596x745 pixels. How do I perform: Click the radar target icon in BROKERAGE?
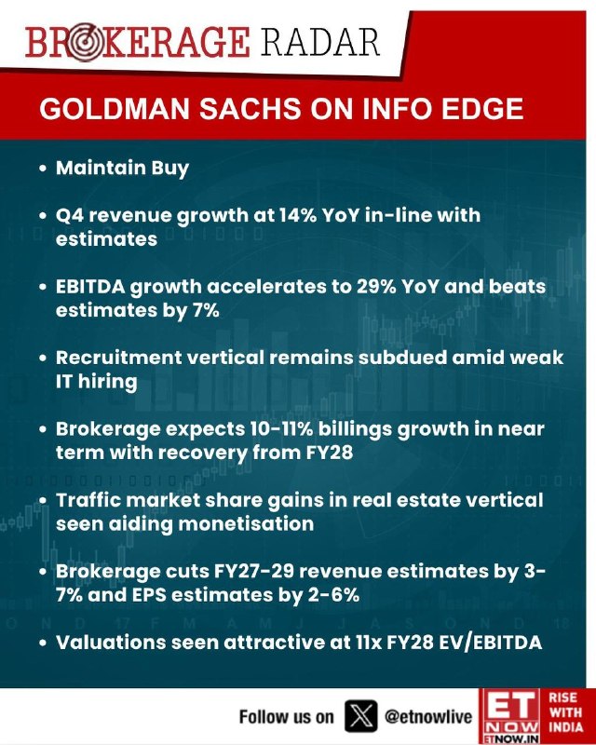86,43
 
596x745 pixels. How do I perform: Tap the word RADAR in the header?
319,42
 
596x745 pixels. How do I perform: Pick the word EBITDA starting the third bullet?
90,287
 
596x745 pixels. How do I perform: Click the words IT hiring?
97,382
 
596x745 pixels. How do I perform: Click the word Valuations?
111,643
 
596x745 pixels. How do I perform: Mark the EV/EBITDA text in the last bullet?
490,643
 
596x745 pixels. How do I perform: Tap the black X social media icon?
361,716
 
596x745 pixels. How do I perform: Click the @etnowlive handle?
428,716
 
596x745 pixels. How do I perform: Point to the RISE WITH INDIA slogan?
565,712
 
